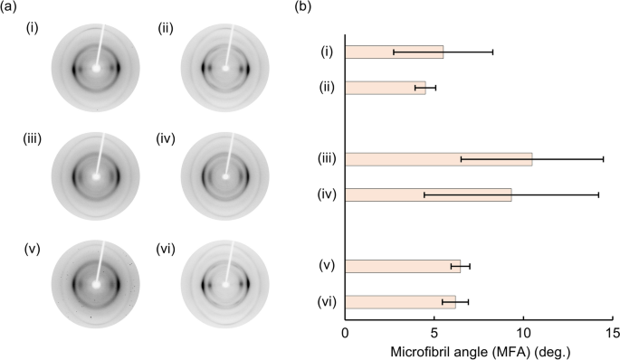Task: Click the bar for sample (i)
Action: pos(394,52)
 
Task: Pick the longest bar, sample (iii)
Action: pos(438,159)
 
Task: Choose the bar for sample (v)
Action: pos(403,266)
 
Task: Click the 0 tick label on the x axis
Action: pos(345,332)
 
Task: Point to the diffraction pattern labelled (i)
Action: pos(95,67)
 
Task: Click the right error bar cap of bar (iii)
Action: pos(603,159)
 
